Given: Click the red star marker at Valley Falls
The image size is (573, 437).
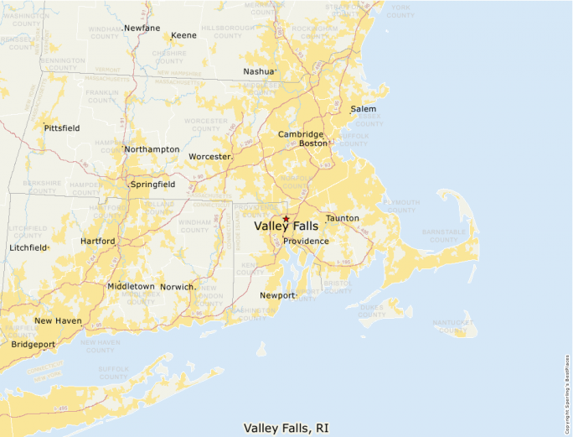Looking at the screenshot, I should pos(286,219).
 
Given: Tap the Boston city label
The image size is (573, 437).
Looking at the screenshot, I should pos(313,143).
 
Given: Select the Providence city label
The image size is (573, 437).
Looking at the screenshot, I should pos(306,242).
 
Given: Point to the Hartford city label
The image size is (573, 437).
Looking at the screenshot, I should pos(97,242).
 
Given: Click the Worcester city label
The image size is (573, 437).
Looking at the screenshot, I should pos(209,157).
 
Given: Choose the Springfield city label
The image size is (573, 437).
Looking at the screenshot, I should pos(152,184).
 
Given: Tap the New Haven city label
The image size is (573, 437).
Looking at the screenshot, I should pos(58,321).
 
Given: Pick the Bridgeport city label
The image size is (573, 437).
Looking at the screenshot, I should pos(34,344).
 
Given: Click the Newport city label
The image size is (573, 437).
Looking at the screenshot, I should pos(277,295).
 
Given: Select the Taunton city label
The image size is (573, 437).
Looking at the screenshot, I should pos(343,219).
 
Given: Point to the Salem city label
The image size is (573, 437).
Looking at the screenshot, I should pos(364,109).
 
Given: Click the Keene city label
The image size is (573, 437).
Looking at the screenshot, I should pos(183,36).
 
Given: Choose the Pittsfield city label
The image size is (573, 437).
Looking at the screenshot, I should pos(62,128).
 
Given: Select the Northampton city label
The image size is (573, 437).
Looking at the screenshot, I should pos(152,149).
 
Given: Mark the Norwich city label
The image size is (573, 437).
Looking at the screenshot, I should pos(177,287).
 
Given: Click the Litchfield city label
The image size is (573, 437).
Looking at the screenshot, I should pos(28,248).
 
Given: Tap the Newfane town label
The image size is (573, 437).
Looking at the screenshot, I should pos(142,29).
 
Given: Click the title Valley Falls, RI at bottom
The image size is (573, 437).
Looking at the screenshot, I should pos(286,428).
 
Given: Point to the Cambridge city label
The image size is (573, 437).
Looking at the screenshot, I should pos(301,134).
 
